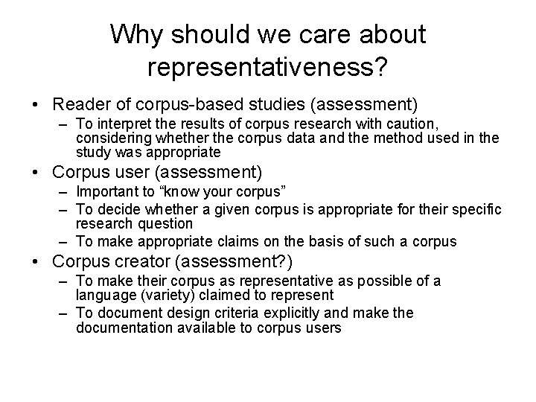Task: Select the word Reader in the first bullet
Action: pyautogui.click(x=78, y=102)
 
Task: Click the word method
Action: pyautogui.click(x=399, y=138)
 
